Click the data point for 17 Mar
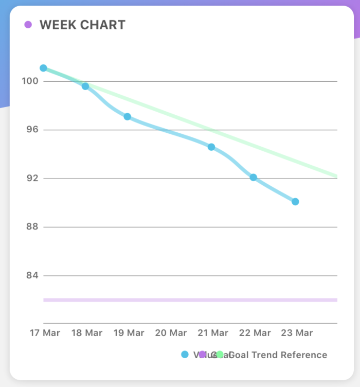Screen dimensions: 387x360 tap(43, 68)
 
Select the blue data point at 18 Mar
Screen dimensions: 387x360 tap(85, 86)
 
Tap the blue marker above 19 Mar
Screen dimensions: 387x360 tap(127, 117)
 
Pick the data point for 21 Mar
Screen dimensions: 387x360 tap(211, 147)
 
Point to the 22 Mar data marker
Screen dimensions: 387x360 tap(253, 178)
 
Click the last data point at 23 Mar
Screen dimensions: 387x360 tap(295, 202)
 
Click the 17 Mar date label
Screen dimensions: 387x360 tap(45, 333)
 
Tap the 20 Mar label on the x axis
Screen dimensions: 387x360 tap(171, 333)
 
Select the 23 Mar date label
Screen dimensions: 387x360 tap(297, 333)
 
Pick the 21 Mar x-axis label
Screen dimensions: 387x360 tap(213, 333)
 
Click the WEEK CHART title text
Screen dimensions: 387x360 tap(82, 25)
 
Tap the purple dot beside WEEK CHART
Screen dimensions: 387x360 tap(28, 25)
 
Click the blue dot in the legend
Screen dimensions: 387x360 tap(185, 355)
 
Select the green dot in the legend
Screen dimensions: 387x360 tap(220, 355)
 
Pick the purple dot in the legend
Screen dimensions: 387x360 tap(203, 355)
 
